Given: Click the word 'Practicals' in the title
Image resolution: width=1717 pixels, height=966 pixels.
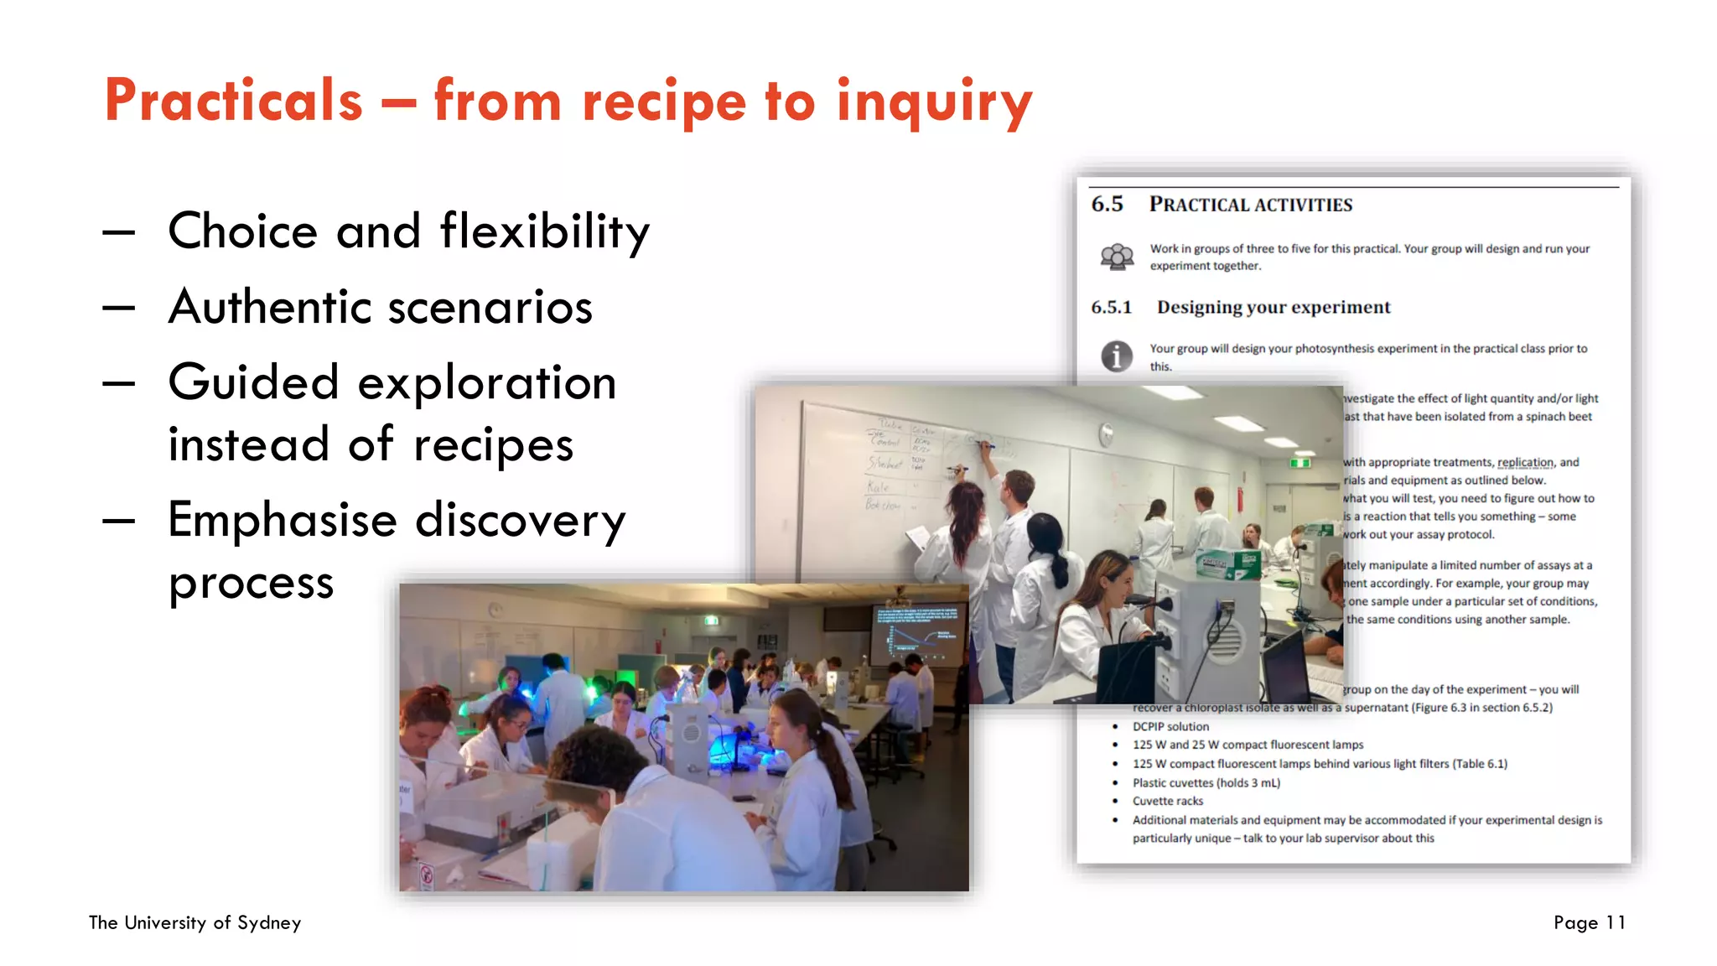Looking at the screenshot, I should [x=233, y=101].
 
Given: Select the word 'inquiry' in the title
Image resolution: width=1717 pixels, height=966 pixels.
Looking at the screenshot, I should [x=934, y=102].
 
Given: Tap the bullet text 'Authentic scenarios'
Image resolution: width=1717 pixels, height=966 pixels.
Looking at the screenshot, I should [x=380, y=307].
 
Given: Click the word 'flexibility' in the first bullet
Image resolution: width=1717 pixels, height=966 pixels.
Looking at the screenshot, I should [x=545, y=232].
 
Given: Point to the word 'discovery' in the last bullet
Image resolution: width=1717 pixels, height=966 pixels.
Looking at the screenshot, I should [x=520, y=521].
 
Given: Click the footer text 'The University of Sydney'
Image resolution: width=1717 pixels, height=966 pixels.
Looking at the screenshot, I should [x=195, y=922].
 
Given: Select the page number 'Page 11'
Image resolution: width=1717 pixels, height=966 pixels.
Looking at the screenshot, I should [x=1589, y=922].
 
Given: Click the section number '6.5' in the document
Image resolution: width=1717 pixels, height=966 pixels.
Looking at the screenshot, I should [x=1107, y=204].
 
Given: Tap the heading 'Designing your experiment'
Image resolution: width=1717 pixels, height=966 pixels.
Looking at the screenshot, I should [x=1273, y=307].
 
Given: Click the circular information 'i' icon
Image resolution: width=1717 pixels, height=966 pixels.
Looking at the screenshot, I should [x=1117, y=356].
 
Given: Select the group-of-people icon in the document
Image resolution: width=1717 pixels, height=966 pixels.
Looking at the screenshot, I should [x=1117, y=257].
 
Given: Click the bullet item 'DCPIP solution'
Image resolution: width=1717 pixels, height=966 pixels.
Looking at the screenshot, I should [x=1170, y=727].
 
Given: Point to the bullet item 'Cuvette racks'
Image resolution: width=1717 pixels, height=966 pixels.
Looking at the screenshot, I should [x=1167, y=801].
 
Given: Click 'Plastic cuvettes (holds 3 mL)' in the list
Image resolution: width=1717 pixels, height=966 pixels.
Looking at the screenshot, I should [x=1206, y=782].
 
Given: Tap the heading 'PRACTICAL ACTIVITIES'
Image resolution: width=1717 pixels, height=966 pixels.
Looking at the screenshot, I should [x=1250, y=205].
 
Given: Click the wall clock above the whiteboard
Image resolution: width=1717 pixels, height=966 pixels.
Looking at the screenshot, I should [x=1107, y=434].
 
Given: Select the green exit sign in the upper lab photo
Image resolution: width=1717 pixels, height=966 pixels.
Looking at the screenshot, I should [x=1299, y=462].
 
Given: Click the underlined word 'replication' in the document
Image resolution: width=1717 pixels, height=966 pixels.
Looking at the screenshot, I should [x=1525, y=462].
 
